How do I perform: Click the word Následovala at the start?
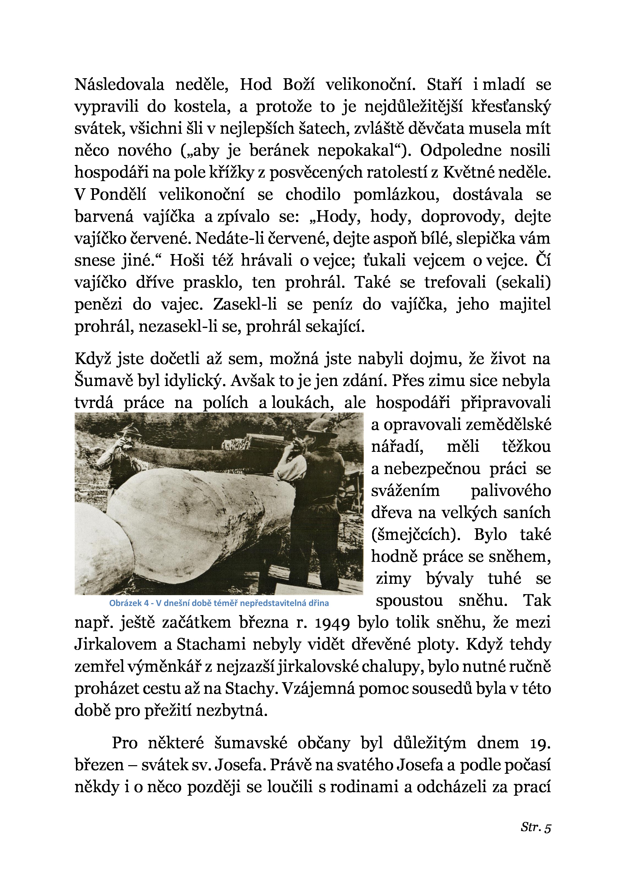119,85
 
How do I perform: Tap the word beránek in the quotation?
279,150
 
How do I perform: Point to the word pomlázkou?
396,195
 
